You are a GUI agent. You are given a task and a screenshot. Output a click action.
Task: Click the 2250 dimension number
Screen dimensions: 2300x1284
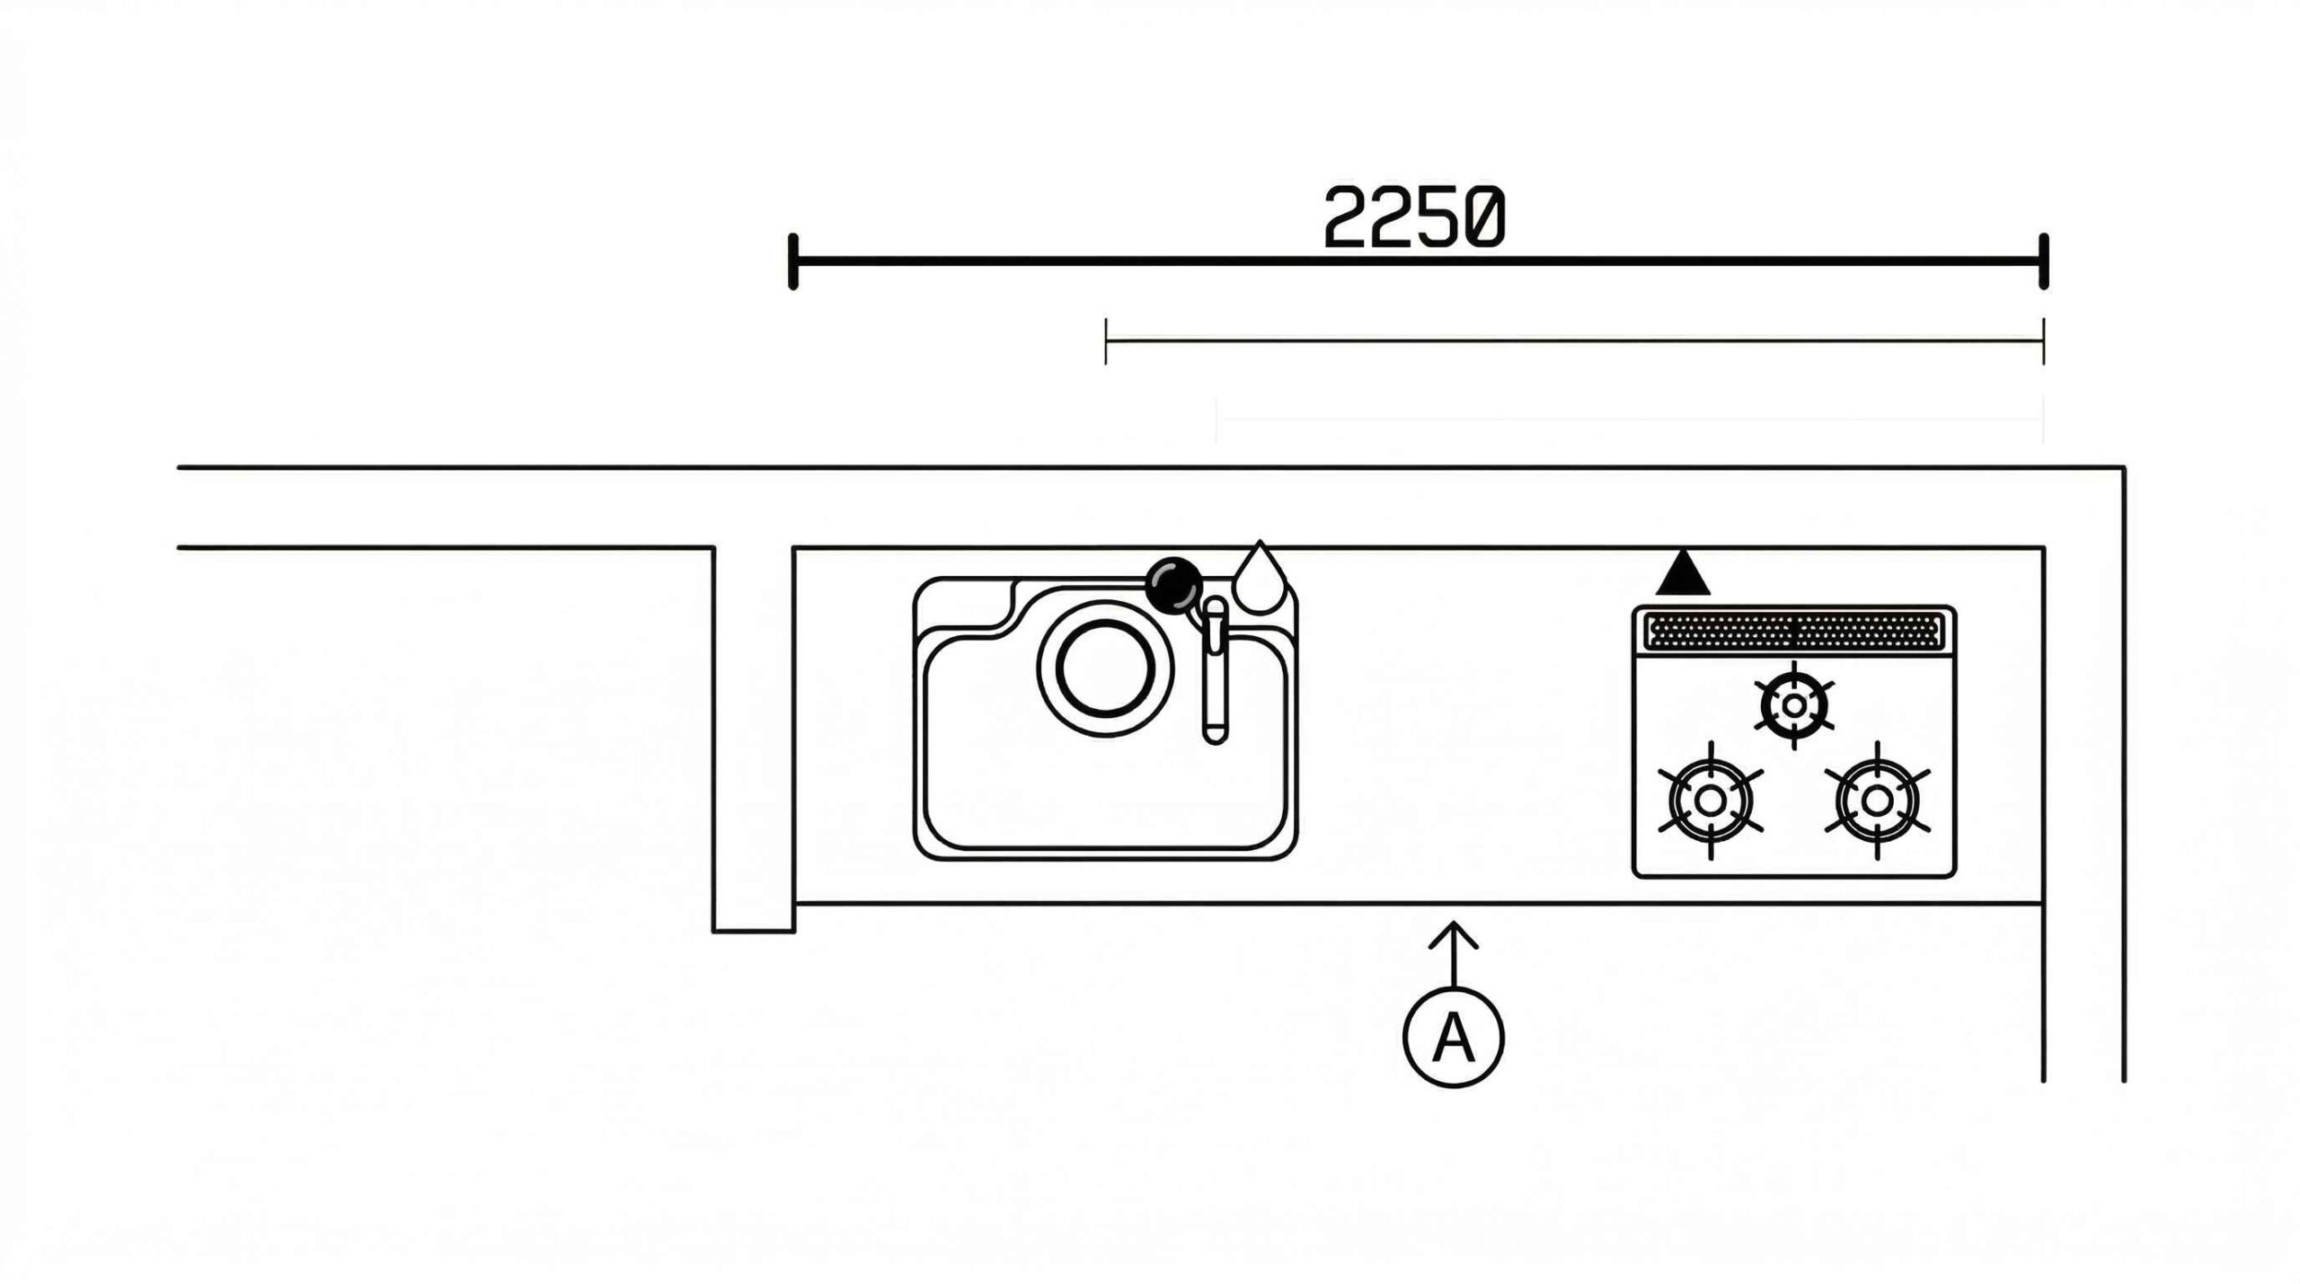click(1414, 217)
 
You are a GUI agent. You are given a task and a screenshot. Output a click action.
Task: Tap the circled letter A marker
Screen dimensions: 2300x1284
click(1453, 1038)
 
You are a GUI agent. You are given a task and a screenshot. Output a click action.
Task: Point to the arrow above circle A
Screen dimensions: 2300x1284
click(1454, 953)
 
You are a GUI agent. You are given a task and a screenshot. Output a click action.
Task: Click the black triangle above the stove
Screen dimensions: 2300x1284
click(1683, 575)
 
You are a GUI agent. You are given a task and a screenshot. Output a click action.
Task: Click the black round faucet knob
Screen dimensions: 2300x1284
click(1174, 584)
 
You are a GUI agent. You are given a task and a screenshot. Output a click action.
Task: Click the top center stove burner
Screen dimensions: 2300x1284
click(1793, 705)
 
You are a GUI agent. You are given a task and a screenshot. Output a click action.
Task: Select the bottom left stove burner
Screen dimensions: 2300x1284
click(1710, 800)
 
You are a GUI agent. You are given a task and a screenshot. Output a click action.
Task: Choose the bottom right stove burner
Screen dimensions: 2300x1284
click(1877, 800)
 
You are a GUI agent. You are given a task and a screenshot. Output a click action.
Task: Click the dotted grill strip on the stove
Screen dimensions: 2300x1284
click(1793, 630)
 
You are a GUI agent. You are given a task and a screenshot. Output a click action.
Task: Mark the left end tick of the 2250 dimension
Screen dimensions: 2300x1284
click(792, 261)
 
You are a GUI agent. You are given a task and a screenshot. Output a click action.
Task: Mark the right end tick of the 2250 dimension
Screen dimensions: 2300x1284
click(2044, 261)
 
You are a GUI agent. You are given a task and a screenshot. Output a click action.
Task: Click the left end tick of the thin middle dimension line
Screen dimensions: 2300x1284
click(1106, 341)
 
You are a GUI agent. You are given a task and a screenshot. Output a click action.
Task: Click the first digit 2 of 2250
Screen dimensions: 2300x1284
click(1346, 217)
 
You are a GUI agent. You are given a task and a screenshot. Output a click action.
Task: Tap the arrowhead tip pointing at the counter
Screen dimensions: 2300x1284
click(1454, 920)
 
